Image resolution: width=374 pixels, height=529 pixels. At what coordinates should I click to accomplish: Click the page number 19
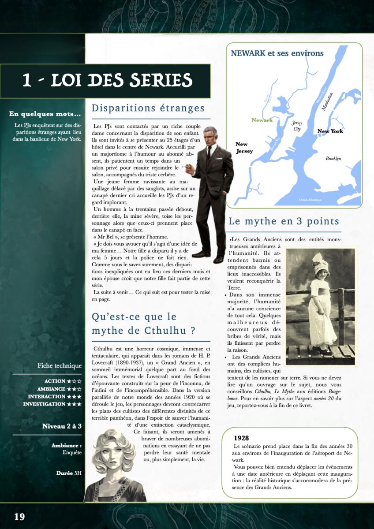[19, 517]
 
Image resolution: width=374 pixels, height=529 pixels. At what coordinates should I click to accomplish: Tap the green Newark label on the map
[262, 120]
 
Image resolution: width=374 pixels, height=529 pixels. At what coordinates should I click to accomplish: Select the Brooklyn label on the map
[333, 159]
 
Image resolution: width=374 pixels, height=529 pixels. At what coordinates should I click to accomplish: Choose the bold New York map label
[330, 131]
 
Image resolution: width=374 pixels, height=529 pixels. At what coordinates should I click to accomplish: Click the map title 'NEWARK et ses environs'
[277, 53]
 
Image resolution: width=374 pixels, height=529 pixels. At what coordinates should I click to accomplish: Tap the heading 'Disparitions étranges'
[148, 108]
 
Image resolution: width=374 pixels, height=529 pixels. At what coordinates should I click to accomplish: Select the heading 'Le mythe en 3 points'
[284, 221]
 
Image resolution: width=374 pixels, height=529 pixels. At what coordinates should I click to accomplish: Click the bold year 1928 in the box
[241, 438]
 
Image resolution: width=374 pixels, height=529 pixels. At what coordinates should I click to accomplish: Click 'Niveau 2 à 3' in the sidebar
[62, 426]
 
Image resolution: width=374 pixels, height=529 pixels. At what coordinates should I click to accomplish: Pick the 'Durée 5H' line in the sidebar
[69, 473]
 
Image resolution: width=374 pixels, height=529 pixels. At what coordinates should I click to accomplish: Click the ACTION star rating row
[63, 381]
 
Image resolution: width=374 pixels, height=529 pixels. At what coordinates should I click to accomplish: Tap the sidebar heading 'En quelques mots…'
[45, 114]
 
